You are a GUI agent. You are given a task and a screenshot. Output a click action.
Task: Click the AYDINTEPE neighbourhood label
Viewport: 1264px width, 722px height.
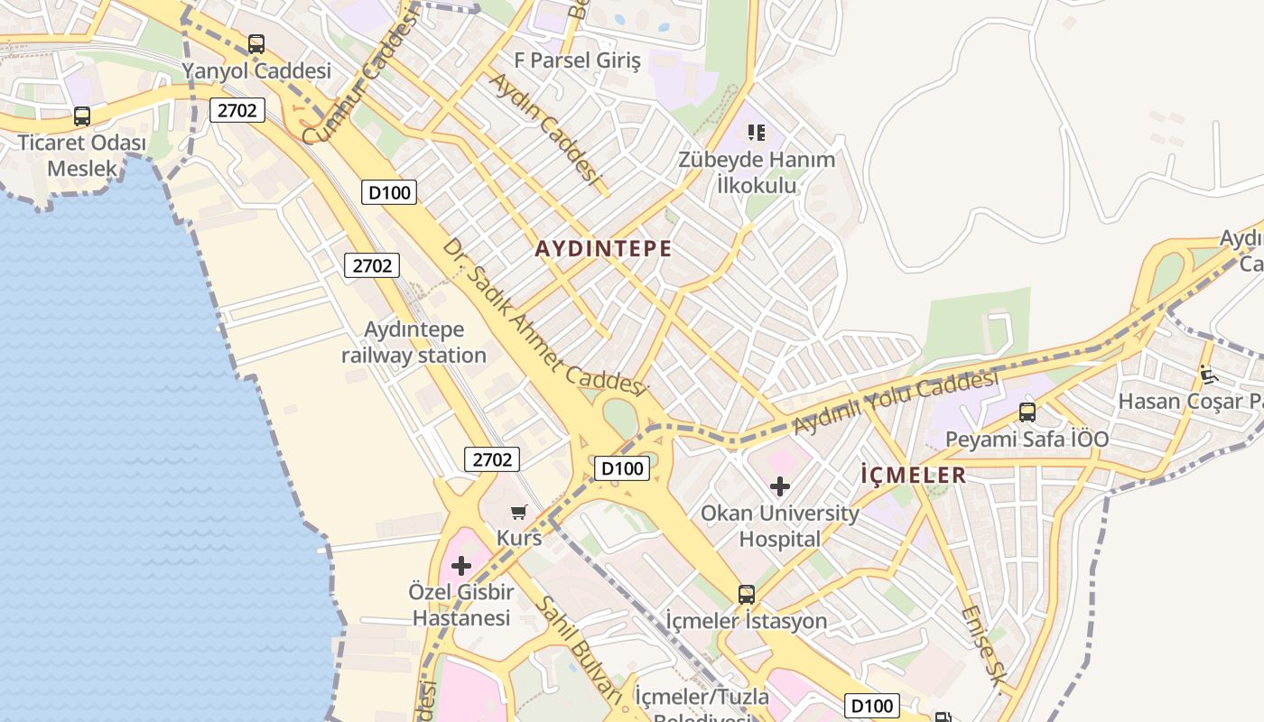click(603, 249)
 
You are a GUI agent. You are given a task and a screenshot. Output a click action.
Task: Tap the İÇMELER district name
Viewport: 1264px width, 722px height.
click(913, 475)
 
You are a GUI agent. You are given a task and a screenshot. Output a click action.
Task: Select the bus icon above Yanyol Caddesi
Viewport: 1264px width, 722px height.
click(256, 43)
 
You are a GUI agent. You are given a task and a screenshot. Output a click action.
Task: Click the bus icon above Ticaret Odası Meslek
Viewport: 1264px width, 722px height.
click(82, 116)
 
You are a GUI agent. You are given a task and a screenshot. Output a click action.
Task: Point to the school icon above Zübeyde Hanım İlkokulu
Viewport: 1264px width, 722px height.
click(757, 133)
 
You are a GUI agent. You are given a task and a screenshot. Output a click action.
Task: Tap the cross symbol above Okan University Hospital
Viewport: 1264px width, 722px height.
click(780, 486)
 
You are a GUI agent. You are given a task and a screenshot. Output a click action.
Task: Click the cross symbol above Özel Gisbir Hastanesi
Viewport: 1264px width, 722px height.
click(461, 566)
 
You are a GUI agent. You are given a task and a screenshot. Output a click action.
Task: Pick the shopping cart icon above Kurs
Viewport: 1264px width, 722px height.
click(519, 513)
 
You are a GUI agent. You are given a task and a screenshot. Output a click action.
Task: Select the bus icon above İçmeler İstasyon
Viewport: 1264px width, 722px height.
click(747, 594)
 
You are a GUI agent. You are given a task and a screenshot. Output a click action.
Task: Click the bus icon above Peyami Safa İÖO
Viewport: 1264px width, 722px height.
click(1027, 412)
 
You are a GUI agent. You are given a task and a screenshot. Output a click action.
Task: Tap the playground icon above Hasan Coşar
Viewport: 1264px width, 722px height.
click(1208, 374)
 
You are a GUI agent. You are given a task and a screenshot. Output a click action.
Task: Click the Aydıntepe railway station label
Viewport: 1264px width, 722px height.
click(414, 343)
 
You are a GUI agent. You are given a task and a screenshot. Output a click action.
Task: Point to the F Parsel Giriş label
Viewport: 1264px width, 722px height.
click(577, 61)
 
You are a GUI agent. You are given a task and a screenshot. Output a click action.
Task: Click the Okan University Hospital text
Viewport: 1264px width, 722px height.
click(780, 526)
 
